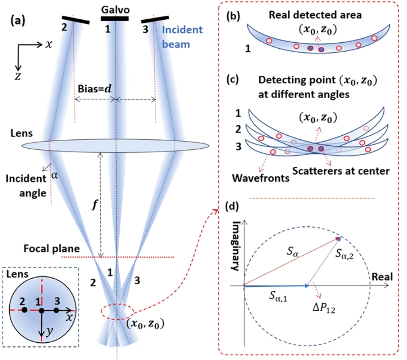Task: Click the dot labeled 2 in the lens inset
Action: click(25, 310)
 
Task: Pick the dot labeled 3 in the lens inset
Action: click(56, 310)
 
